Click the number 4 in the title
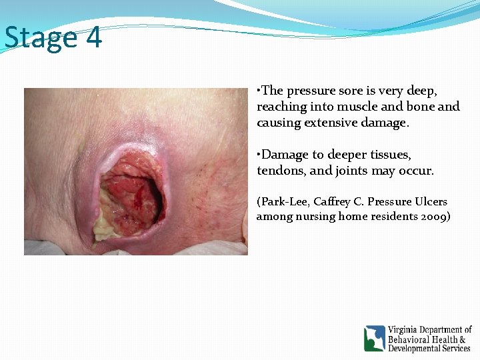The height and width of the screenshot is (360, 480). click(94, 38)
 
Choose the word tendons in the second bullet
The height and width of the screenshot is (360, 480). click(278, 171)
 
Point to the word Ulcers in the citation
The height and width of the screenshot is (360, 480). click(431, 201)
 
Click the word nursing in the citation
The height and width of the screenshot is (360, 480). click(314, 216)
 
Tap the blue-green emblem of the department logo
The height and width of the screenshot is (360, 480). click(374, 338)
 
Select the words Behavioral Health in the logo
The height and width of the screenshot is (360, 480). click(421, 339)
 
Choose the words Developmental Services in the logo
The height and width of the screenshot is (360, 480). click(429, 349)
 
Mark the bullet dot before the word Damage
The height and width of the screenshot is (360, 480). click(259, 153)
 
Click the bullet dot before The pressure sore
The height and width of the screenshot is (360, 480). click(259, 89)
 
